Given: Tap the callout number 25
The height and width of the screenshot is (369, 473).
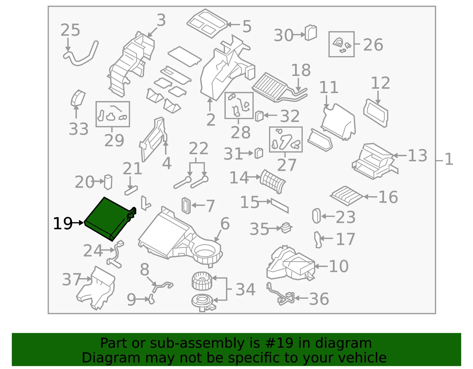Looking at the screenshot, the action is (70, 30).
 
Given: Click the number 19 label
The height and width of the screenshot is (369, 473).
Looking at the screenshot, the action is (63, 223).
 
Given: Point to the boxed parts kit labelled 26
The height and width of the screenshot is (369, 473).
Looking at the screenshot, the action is (341, 44).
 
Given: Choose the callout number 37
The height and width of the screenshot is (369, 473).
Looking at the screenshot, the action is (72, 279).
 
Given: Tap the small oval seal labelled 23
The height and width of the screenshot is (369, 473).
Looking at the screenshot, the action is (316, 216).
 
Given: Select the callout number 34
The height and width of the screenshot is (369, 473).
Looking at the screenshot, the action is (245, 289).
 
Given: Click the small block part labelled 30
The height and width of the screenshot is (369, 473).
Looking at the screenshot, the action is (311, 33).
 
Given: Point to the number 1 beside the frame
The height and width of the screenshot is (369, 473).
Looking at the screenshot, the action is (449, 159).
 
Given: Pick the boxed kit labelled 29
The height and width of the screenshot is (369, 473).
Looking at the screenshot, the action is (113, 114).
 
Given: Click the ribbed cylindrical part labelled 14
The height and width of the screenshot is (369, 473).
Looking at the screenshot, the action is (273, 182).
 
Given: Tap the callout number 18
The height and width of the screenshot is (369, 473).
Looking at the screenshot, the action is (301, 70).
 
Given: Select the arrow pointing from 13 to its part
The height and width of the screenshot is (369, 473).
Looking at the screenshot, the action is (400, 155).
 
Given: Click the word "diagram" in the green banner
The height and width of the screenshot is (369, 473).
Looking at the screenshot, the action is (343, 343).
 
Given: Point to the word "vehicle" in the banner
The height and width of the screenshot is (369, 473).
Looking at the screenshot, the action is (362, 358).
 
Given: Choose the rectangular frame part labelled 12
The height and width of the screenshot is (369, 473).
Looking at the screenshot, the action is (375, 113).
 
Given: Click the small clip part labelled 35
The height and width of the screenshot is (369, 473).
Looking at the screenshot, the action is (286, 228).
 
